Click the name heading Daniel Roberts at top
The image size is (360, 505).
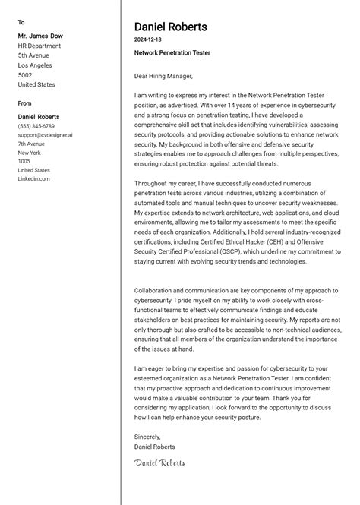coord(170,27)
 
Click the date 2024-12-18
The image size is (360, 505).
coord(148,39)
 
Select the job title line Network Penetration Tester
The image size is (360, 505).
coord(172,53)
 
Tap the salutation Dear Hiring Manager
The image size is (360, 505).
coord(163,76)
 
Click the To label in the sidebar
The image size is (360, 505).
coord(21,22)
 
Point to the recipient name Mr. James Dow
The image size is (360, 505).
coord(40,36)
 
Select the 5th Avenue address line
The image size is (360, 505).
coord(33,55)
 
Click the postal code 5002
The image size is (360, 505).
coord(25,75)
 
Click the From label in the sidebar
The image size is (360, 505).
coord(25,103)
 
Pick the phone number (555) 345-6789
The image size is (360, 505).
coord(36,126)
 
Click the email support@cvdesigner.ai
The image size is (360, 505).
coord(46,135)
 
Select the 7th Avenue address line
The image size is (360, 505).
coord(31,144)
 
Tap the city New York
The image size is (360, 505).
coord(30,153)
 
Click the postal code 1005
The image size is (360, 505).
coord(24,162)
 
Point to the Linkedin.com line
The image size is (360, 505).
coord(33,179)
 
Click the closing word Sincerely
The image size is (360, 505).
coord(147,437)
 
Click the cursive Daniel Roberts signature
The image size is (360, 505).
coord(159,462)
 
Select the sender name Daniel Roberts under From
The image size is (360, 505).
coord(39,117)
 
